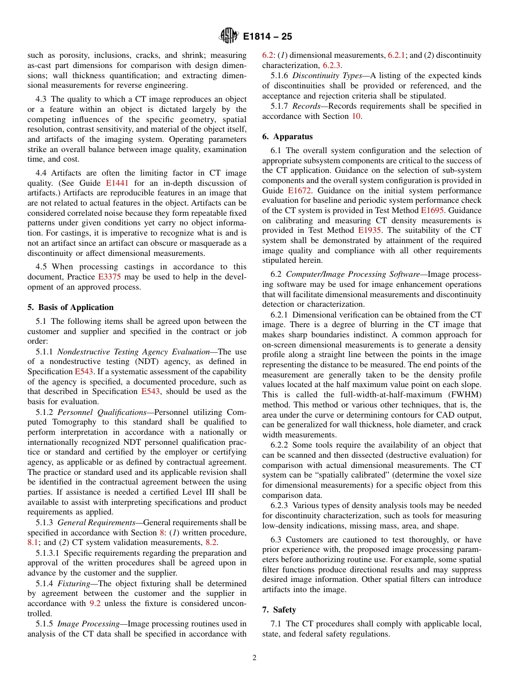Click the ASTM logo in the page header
[228, 37]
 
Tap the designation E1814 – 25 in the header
[267, 37]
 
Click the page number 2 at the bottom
[254, 657]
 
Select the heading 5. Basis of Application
[70, 307]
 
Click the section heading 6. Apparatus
[287, 137]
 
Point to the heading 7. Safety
[279, 610]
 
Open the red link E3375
[109, 277]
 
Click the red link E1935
[369, 230]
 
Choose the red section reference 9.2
[94, 603]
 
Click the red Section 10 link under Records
[356, 116]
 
